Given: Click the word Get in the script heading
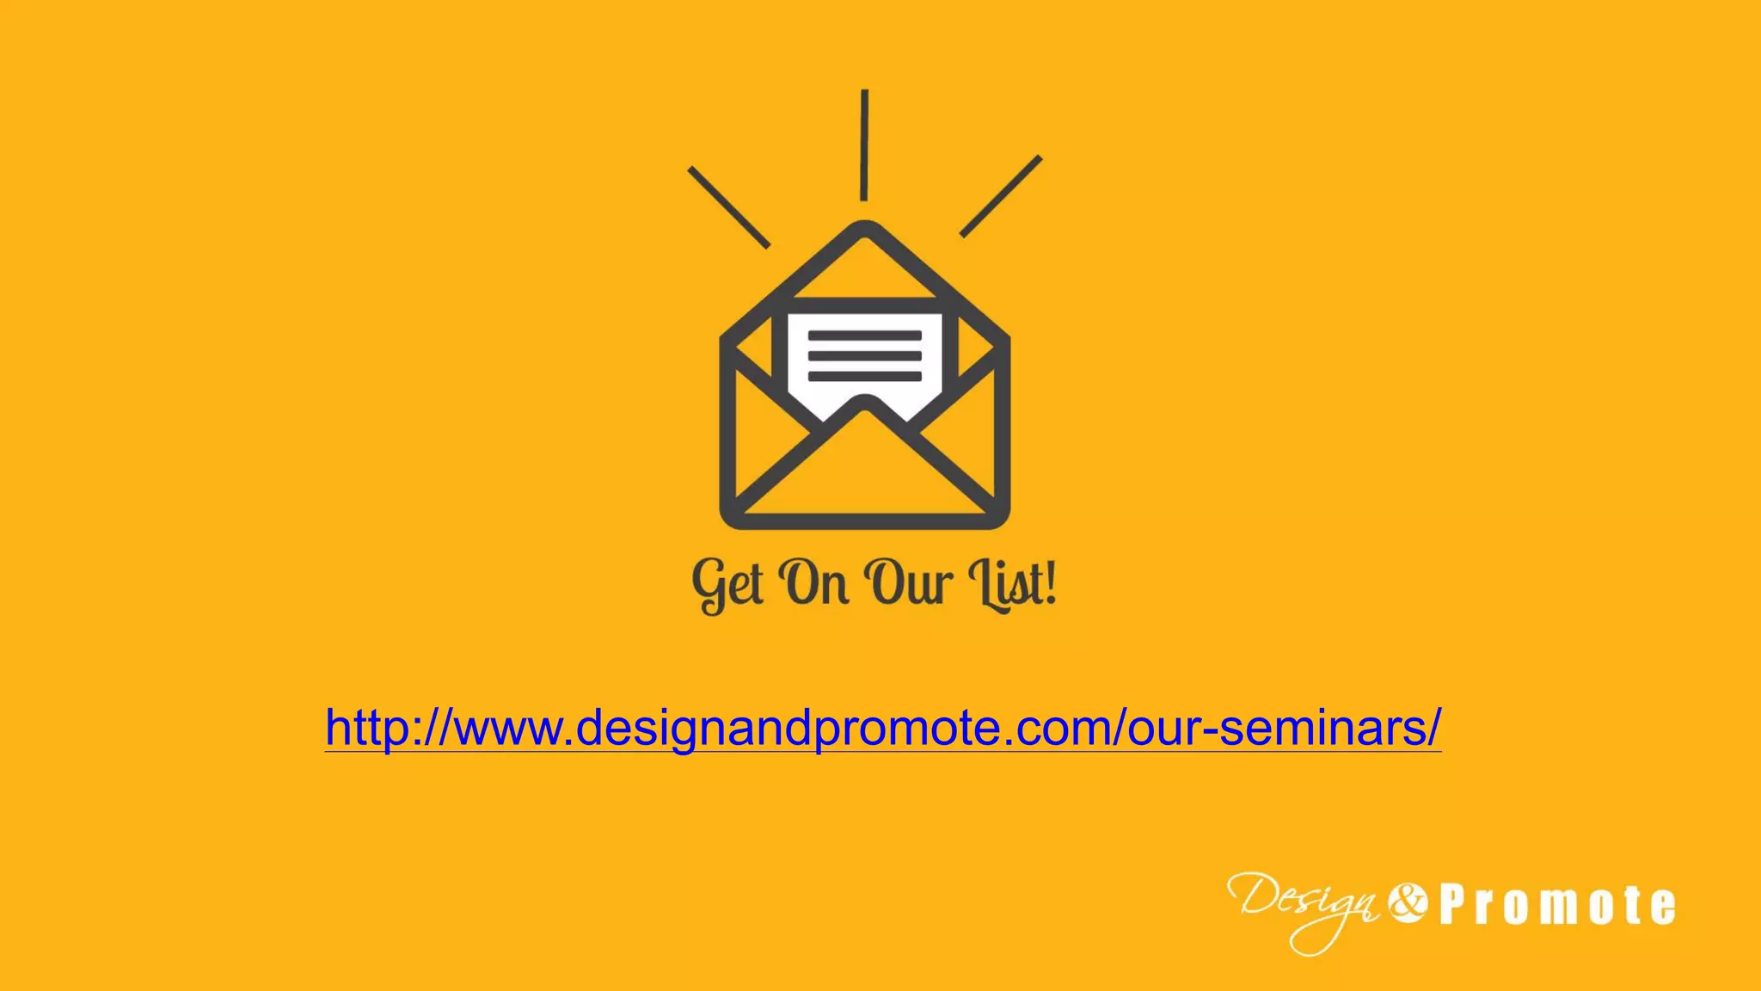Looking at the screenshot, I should (x=727, y=585).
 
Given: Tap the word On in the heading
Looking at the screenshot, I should (x=814, y=583).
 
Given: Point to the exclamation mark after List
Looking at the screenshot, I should (x=1048, y=582).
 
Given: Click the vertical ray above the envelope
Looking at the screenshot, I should (x=864, y=145).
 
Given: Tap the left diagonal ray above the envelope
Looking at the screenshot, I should (x=728, y=207).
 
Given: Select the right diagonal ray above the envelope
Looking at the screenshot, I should (x=1001, y=196).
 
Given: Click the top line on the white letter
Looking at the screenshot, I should (x=865, y=336).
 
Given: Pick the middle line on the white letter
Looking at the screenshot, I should (x=865, y=356).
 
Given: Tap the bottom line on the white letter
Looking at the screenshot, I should (x=865, y=376).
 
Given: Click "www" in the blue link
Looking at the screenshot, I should (x=507, y=728).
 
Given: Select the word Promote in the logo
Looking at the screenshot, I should (x=1557, y=906).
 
